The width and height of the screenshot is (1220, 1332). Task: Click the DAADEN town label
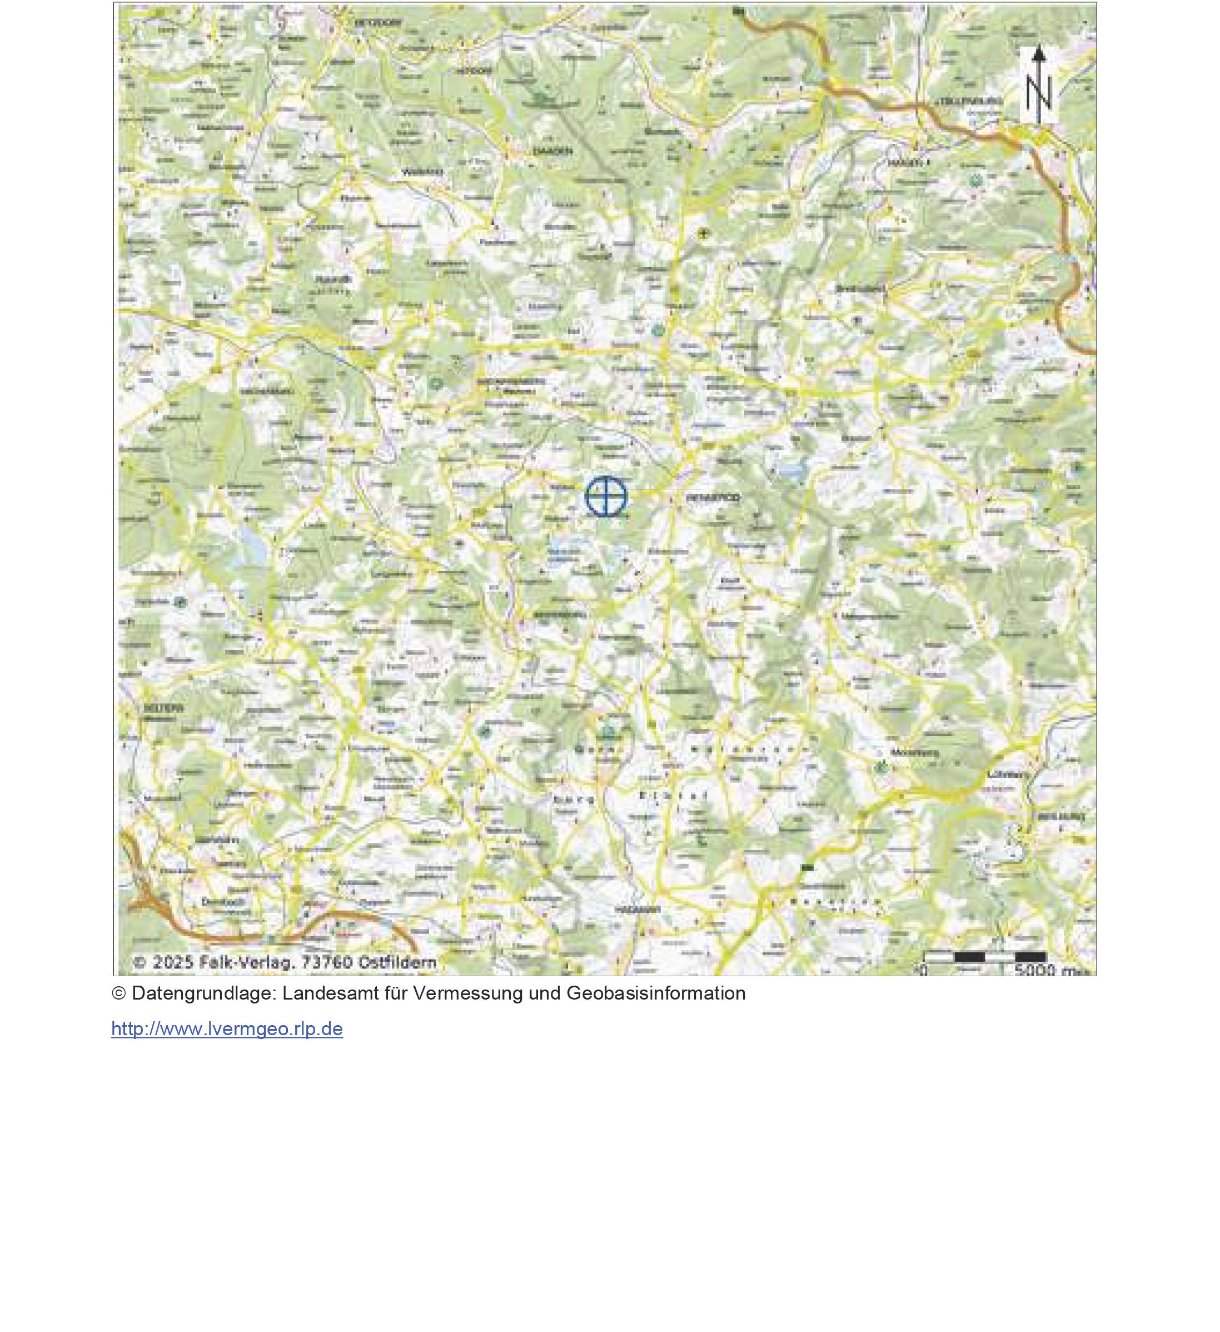553,151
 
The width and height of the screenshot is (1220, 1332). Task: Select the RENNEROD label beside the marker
713,498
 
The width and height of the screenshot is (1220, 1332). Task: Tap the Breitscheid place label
860,289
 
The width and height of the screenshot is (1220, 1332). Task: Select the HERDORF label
472,70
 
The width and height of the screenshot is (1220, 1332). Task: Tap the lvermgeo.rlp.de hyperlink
227,1028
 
